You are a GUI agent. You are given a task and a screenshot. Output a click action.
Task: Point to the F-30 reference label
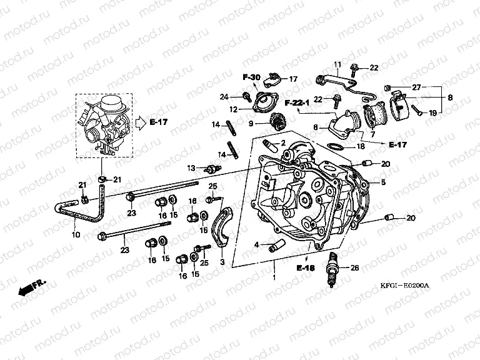(251, 77)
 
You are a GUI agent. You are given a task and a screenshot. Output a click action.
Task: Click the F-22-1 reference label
(297, 102)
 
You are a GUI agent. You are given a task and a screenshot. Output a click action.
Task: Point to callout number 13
(191, 167)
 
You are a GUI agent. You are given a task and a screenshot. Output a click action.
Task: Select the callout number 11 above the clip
(336, 64)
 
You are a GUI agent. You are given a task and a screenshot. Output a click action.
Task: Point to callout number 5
(383, 182)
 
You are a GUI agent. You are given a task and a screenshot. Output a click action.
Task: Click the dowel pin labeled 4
(272, 246)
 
